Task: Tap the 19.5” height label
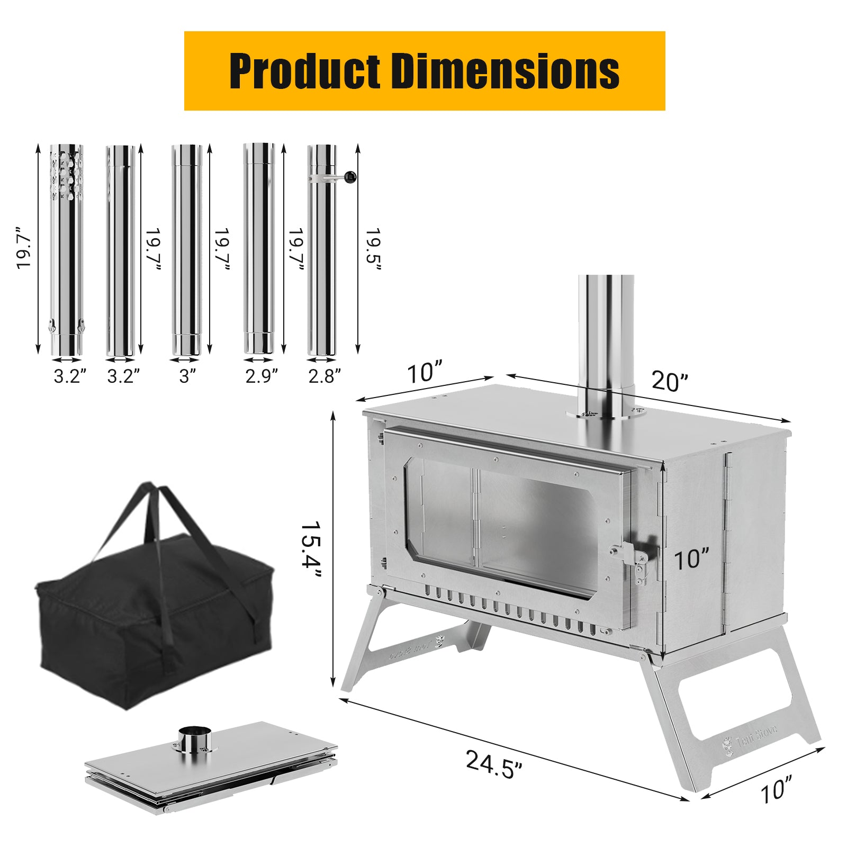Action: pyautogui.click(x=374, y=249)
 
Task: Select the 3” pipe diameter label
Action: pyautogui.click(x=187, y=376)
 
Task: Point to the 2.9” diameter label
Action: pyautogui.click(x=262, y=376)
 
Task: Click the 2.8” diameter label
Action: pyautogui.click(x=325, y=376)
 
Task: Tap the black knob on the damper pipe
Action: pyautogui.click(x=350, y=177)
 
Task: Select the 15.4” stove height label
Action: pyautogui.click(x=312, y=551)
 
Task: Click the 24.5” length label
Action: pyautogui.click(x=493, y=764)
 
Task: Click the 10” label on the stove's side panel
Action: pyautogui.click(x=691, y=560)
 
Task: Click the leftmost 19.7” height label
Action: pyautogui.click(x=24, y=249)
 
